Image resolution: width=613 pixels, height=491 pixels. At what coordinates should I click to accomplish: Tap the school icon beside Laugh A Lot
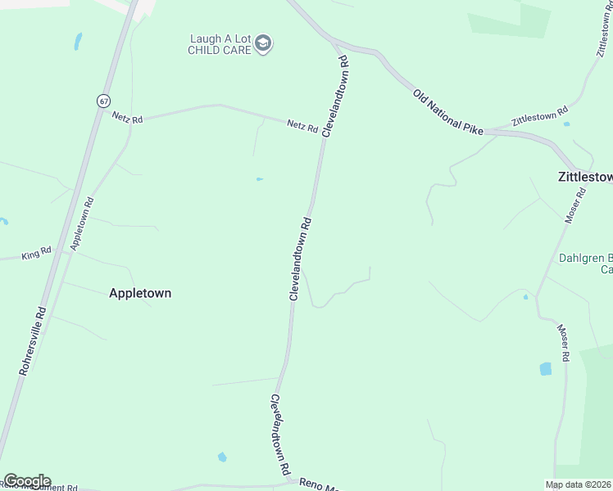pyautogui.click(x=263, y=43)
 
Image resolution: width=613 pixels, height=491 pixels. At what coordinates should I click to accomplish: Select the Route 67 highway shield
pyautogui.click(x=102, y=101)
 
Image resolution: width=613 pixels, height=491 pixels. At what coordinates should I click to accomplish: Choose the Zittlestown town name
pyautogui.click(x=584, y=176)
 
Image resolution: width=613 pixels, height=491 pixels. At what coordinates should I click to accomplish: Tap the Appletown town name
pyautogui.click(x=140, y=293)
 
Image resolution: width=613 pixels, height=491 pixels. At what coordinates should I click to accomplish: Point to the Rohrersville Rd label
pyautogui.click(x=34, y=341)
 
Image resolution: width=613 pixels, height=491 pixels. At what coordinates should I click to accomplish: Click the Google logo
pyautogui.click(x=27, y=481)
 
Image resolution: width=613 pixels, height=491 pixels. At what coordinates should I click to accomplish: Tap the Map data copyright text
pyautogui.click(x=579, y=484)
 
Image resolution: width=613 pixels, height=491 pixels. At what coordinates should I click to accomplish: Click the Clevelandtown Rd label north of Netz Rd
pyautogui.click(x=336, y=96)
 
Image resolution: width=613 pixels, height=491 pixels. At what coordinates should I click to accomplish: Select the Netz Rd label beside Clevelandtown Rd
pyautogui.click(x=302, y=126)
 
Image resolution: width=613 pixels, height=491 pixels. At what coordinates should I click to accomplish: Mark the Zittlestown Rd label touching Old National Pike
pyautogui.click(x=539, y=115)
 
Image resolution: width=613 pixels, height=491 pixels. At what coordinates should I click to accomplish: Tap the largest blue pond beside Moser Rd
pyautogui.click(x=546, y=369)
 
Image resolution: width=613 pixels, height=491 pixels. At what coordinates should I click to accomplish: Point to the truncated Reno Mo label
pyautogui.click(x=318, y=485)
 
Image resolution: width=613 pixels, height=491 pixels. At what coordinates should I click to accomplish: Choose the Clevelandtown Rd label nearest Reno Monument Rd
pyautogui.click(x=281, y=435)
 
